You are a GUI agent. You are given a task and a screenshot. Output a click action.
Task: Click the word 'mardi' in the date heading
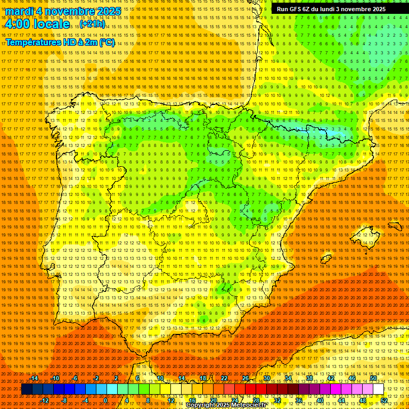(x=20, y=11)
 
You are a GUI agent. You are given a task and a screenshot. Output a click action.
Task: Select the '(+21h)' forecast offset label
(x=93, y=24)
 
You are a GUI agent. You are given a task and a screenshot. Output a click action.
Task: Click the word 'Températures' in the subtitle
(x=33, y=42)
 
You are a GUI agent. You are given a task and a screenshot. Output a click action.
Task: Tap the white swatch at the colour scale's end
(x=378, y=389)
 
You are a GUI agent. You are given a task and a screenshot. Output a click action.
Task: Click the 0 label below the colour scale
(x=105, y=400)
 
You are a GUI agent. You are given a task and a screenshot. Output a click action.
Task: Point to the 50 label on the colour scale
(x=373, y=378)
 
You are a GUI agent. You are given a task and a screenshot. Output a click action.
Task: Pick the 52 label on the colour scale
(x=384, y=400)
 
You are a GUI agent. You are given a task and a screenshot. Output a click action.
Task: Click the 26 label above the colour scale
(x=246, y=378)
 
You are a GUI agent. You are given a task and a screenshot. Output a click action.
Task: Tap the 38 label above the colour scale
(x=309, y=378)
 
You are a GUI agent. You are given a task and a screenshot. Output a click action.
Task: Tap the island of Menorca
(x=395, y=226)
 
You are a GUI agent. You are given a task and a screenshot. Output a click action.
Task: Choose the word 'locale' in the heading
(x=51, y=24)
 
